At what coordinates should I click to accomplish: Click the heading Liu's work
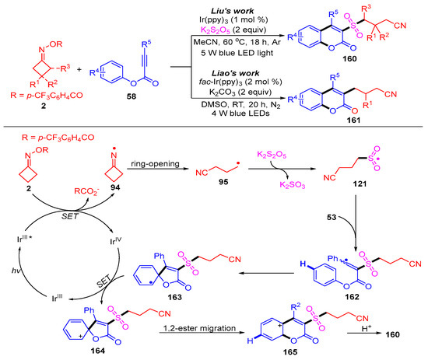point(233,6)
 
